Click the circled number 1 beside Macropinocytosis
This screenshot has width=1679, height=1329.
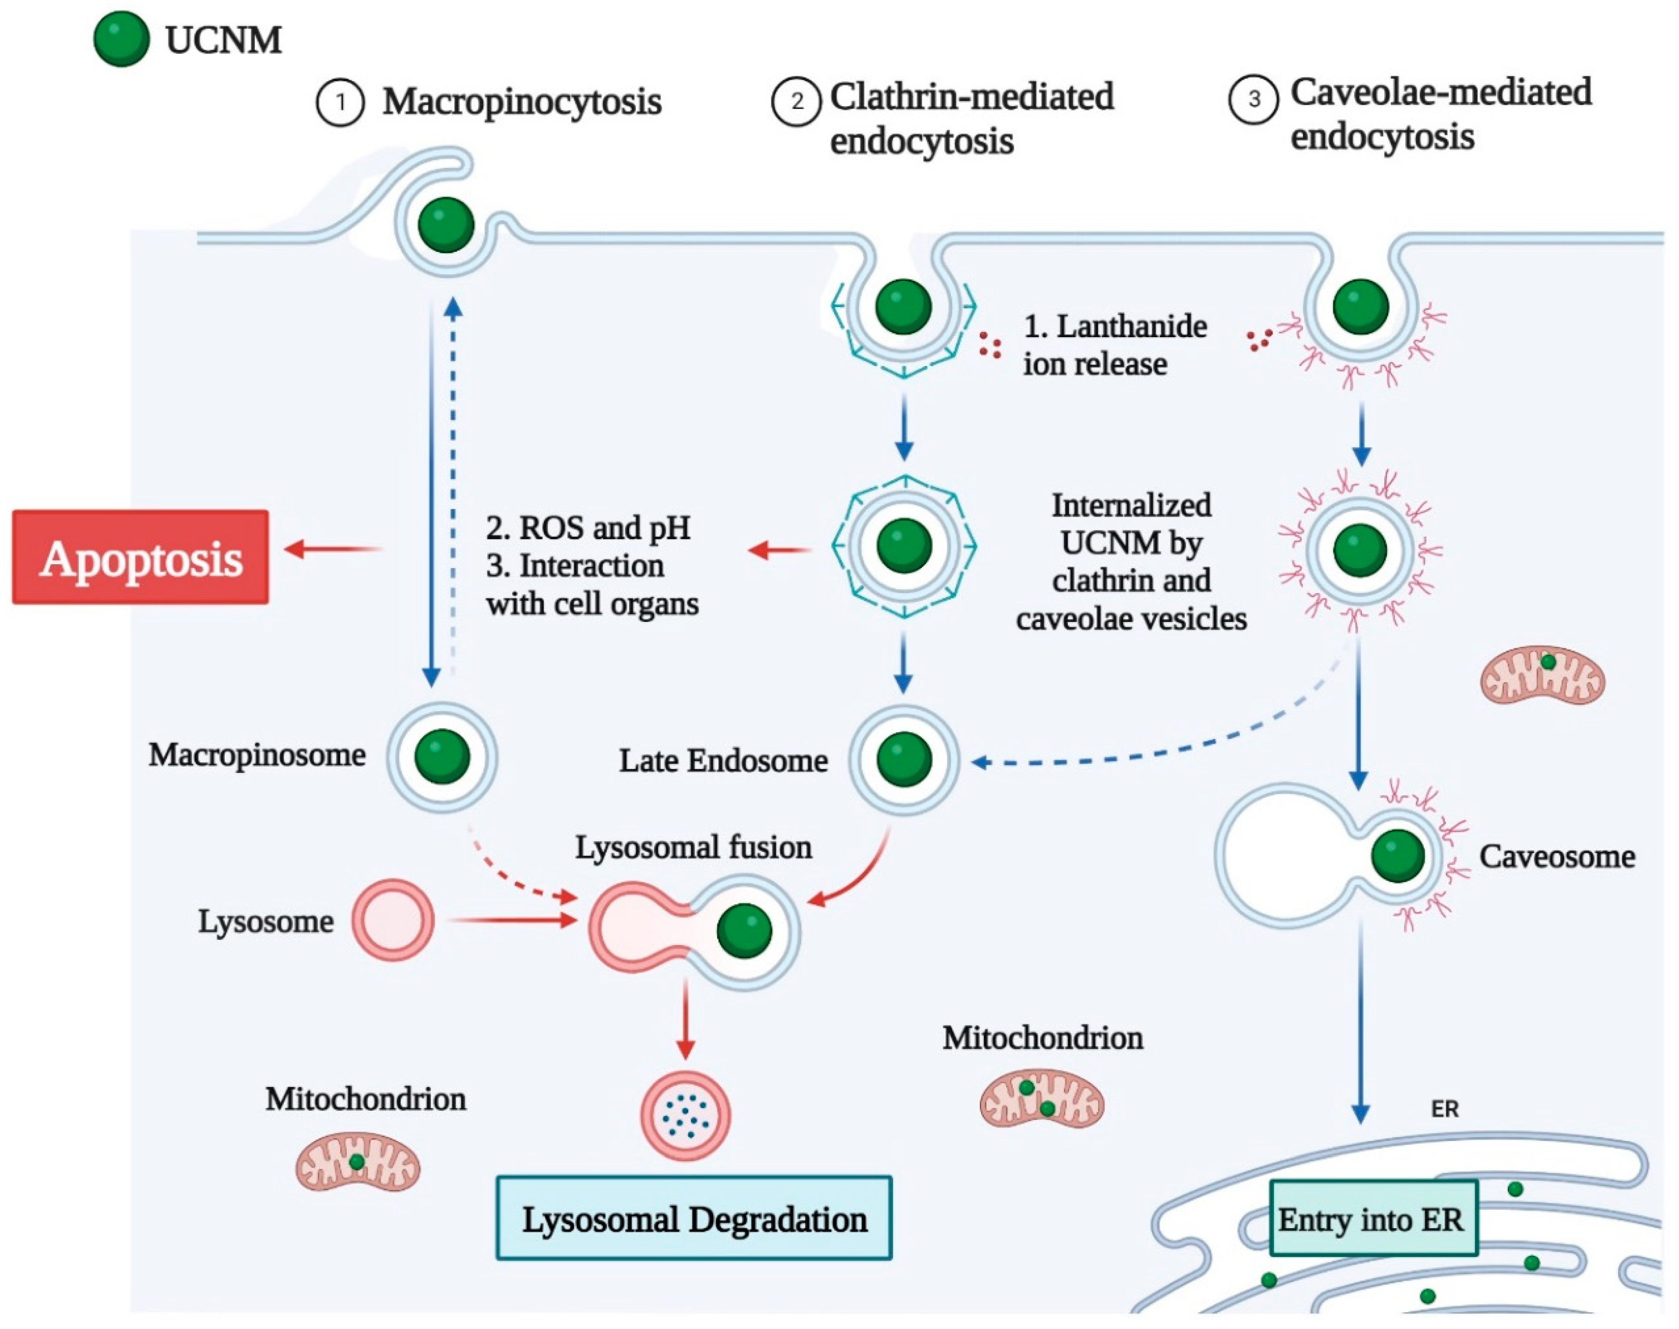[340, 103]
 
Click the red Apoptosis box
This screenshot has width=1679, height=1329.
[141, 557]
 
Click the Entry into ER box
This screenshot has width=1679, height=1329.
[1373, 1218]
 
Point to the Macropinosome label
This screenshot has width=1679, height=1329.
[257, 755]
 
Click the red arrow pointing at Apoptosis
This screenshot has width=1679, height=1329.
[333, 549]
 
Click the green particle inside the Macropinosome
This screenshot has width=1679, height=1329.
[442, 756]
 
